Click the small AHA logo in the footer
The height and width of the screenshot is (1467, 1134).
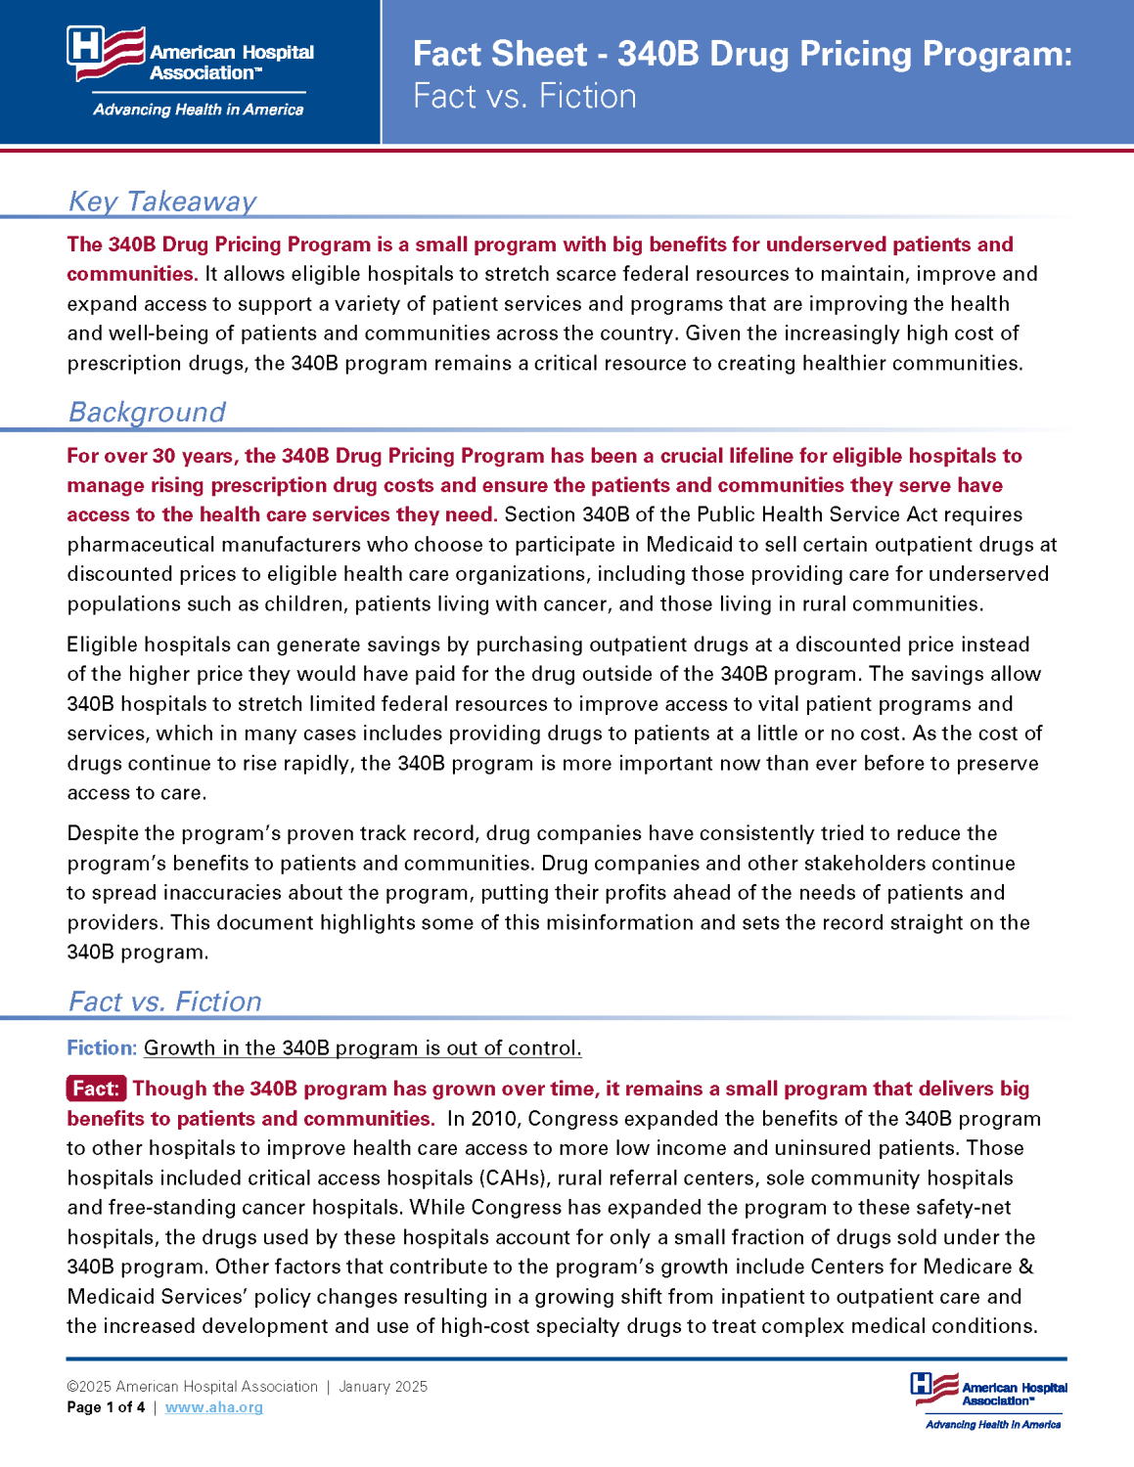click(989, 1393)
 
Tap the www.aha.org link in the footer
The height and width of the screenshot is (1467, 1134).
click(213, 1407)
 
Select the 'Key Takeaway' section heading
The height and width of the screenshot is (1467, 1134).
click(162, 200)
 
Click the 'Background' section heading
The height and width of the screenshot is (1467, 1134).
click(147, 412)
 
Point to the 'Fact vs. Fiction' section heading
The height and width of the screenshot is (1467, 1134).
click(164, 1001)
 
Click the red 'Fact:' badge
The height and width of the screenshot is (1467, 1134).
click(96, 1089)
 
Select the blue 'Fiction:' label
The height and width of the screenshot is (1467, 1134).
click(102, 1047)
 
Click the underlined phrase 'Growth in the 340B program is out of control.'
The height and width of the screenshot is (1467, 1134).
click(362, 1047)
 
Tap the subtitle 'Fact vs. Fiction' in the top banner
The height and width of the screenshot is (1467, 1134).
click(524, 96)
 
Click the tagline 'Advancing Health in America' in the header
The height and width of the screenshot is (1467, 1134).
click(198, 110)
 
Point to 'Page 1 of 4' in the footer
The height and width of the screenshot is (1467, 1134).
click(106, 1407)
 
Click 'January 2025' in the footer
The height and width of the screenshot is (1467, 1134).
click(383, 1387)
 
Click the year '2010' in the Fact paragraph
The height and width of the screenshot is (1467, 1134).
click(494, 1118)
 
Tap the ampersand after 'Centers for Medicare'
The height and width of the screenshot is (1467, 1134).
click(1026, 1267)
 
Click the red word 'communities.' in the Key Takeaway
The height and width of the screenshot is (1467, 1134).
click(132, 274)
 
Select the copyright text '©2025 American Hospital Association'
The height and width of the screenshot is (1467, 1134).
click(192, 1387)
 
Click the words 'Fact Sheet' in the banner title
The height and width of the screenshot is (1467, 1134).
click(500, 54)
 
